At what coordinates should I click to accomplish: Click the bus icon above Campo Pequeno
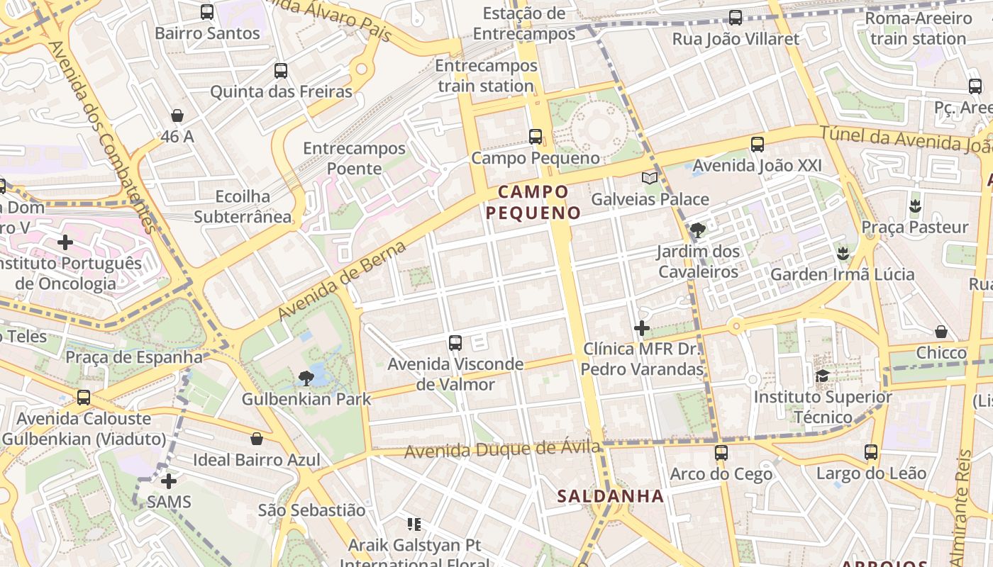(536, 136)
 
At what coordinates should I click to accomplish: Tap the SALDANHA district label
(611, 496)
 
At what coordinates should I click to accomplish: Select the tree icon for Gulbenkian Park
(306, 378)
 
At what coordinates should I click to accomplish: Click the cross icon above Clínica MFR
(642, 328)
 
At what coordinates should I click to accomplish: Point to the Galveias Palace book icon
(650, 178)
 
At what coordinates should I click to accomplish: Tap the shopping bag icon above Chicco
(941, 332)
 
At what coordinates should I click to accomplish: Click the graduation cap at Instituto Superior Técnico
(822, 376)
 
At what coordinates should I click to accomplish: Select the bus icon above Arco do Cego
(721, 452)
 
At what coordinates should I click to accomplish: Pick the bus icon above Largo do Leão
(871, 452)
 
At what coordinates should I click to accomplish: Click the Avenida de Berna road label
(342, 281)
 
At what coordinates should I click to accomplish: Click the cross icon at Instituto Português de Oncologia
(65, 242)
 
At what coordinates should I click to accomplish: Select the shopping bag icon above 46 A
(177, 116)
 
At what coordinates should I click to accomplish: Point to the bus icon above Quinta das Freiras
(281, 71)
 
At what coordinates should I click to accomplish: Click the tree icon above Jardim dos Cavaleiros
(698, 230)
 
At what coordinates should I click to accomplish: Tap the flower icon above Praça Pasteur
(915, 206)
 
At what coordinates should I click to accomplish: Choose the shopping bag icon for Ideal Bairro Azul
(257, 439)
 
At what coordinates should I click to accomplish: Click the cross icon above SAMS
(169, 482)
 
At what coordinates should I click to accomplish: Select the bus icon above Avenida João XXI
(758, 145)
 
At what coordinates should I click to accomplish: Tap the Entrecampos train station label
(486, 76)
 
